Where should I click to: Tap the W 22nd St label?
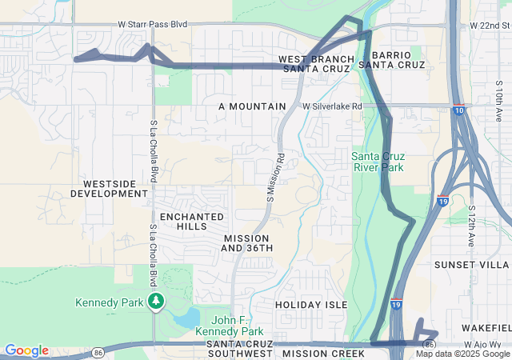490,26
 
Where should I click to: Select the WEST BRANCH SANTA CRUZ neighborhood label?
314,64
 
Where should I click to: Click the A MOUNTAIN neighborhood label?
252,106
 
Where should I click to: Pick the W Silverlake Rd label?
332,106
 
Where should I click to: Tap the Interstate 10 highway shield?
458,110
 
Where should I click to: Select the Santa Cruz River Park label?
378,161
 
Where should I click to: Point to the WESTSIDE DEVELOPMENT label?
110,189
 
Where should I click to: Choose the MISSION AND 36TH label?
247,243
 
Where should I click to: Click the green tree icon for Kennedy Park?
157,302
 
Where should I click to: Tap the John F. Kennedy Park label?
230,326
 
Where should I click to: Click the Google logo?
26,350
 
